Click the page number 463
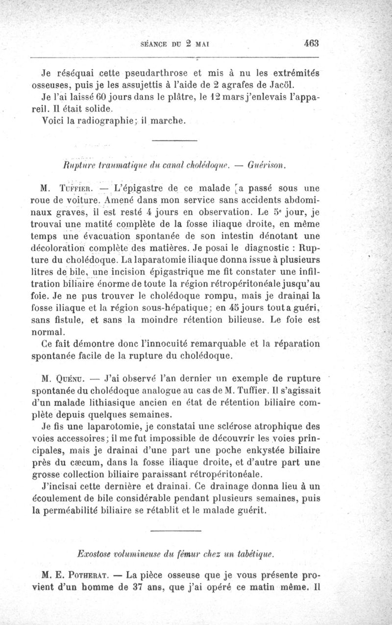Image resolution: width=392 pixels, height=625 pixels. tap(311, 42)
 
